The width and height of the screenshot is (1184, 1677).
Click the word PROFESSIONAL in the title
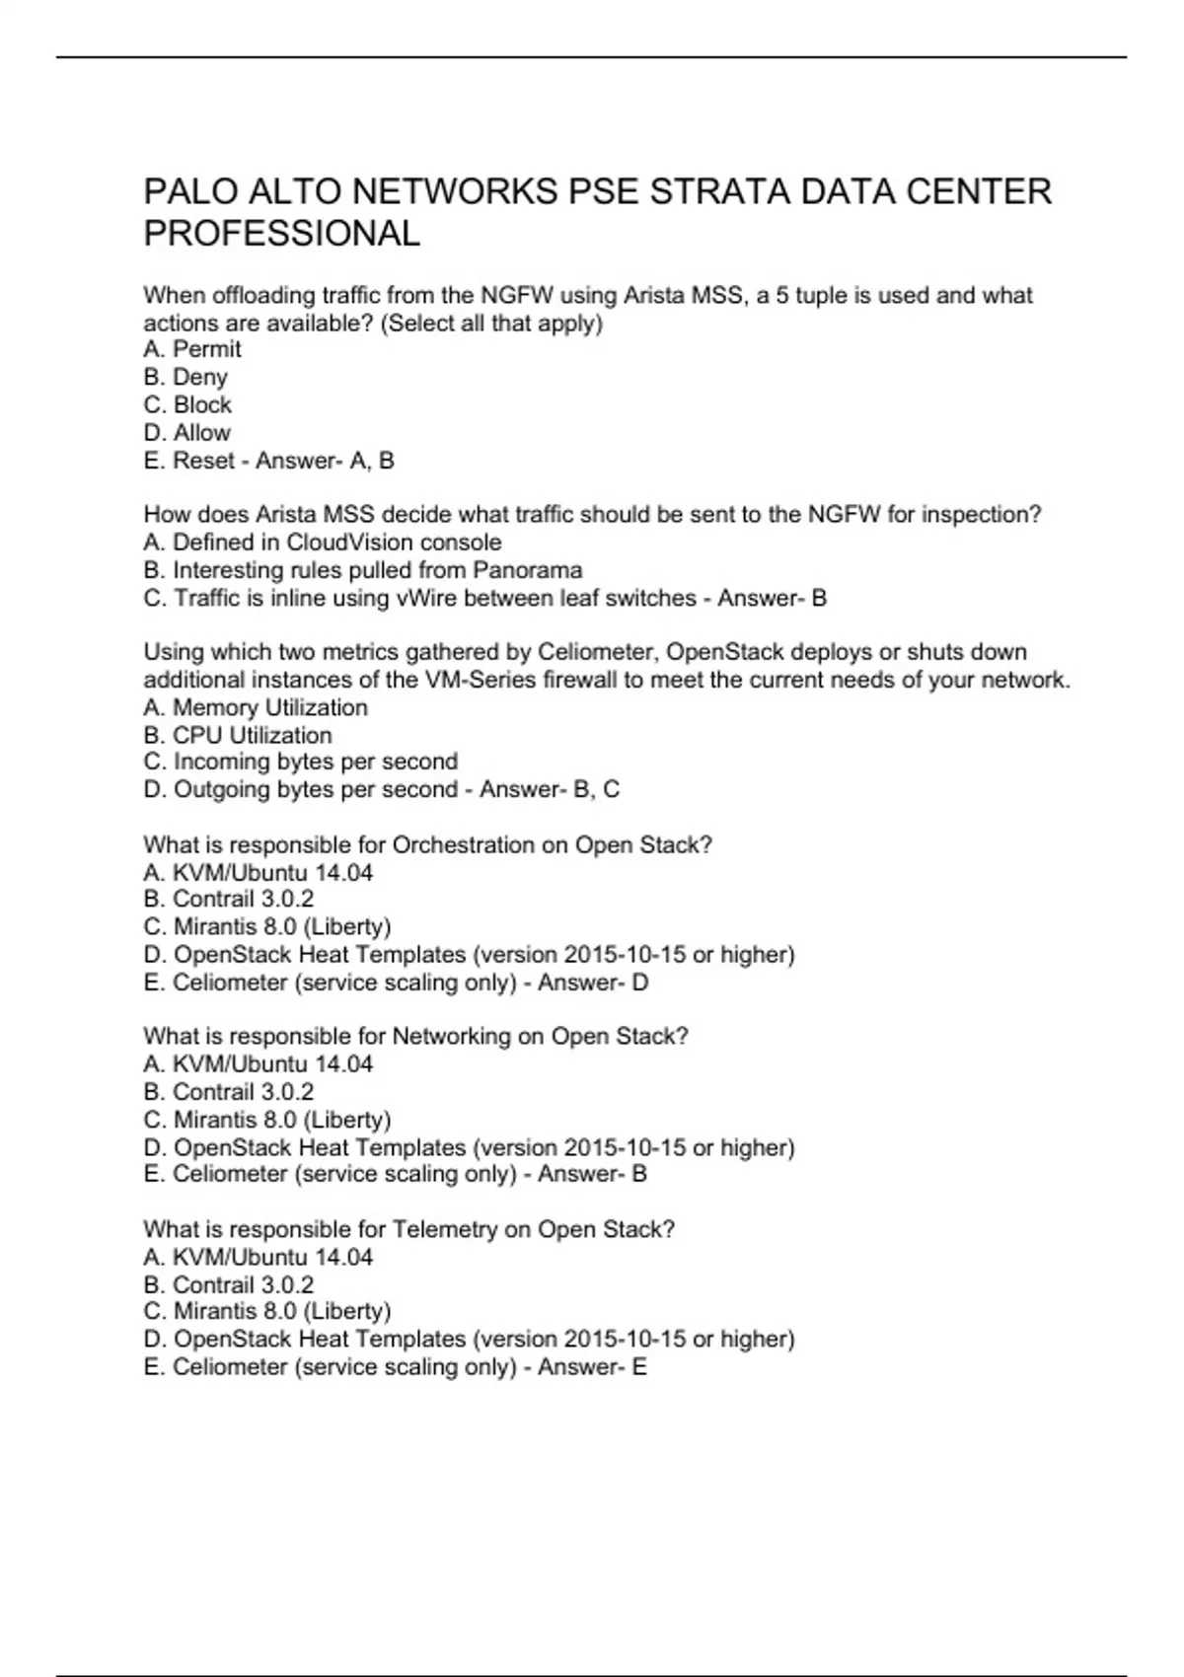point(282,234)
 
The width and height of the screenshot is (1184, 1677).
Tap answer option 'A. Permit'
point(192,349)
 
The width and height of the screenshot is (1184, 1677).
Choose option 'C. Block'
point(187,404)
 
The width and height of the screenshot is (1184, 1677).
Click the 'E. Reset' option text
point(189,461)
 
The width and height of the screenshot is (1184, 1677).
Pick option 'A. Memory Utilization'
point(256,707)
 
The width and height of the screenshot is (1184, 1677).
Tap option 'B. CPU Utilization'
point(238,735)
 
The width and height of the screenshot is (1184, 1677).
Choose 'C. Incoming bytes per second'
point(301,762)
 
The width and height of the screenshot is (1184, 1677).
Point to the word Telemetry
point(445,1229)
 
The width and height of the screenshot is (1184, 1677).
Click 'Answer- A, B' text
point(325,461)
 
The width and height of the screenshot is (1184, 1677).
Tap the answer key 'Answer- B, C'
point(550,789)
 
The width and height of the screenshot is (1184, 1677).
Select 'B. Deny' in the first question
point(185,377)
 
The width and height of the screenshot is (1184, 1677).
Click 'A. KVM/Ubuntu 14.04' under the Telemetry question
point(259,1257)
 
